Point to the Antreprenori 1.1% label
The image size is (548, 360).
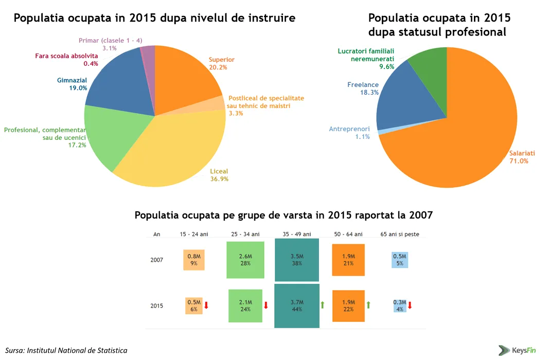tap(349, 133)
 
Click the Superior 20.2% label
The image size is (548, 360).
tap(221, 63)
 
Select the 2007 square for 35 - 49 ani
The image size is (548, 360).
tap(297, 260)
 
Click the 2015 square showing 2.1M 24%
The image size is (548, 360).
tap(245, 305)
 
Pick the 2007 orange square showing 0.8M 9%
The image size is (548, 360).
tap(194, 260)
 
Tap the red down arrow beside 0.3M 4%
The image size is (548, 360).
tap(410, 305)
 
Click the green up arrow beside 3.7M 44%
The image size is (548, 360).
tap(323, 305)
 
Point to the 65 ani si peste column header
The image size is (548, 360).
tap(399, 234)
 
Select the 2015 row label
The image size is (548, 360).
tap(157, 305)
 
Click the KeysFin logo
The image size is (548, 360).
tap(517, 350)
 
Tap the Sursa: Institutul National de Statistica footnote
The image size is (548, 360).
tap(66, 350)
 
